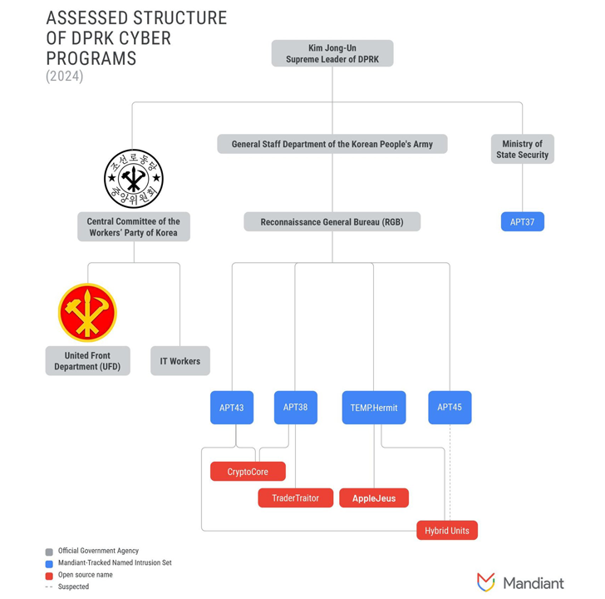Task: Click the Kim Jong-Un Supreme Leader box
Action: (332, 54)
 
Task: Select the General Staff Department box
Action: (332, 144)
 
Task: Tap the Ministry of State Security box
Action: (522, 150)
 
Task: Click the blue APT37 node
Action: (522, 222)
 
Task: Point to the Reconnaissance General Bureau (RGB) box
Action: (332, 222)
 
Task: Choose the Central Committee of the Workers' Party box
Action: (133, 227)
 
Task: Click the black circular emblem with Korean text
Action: (133, 179)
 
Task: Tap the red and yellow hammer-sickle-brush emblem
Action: (87, 313)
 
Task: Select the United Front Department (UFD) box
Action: (87, 361)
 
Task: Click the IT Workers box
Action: (180, 361)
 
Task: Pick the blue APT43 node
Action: (232, 408)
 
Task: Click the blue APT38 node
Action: (295, 408)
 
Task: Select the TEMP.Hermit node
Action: (373, 408)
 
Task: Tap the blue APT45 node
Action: (450, 408)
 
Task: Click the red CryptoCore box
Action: (248, 472)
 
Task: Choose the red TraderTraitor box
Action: (295, 498)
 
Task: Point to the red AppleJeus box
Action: (374, 498)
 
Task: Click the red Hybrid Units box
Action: (447, 531)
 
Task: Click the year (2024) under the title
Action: (65, 77)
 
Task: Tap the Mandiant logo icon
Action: (486, 582)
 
